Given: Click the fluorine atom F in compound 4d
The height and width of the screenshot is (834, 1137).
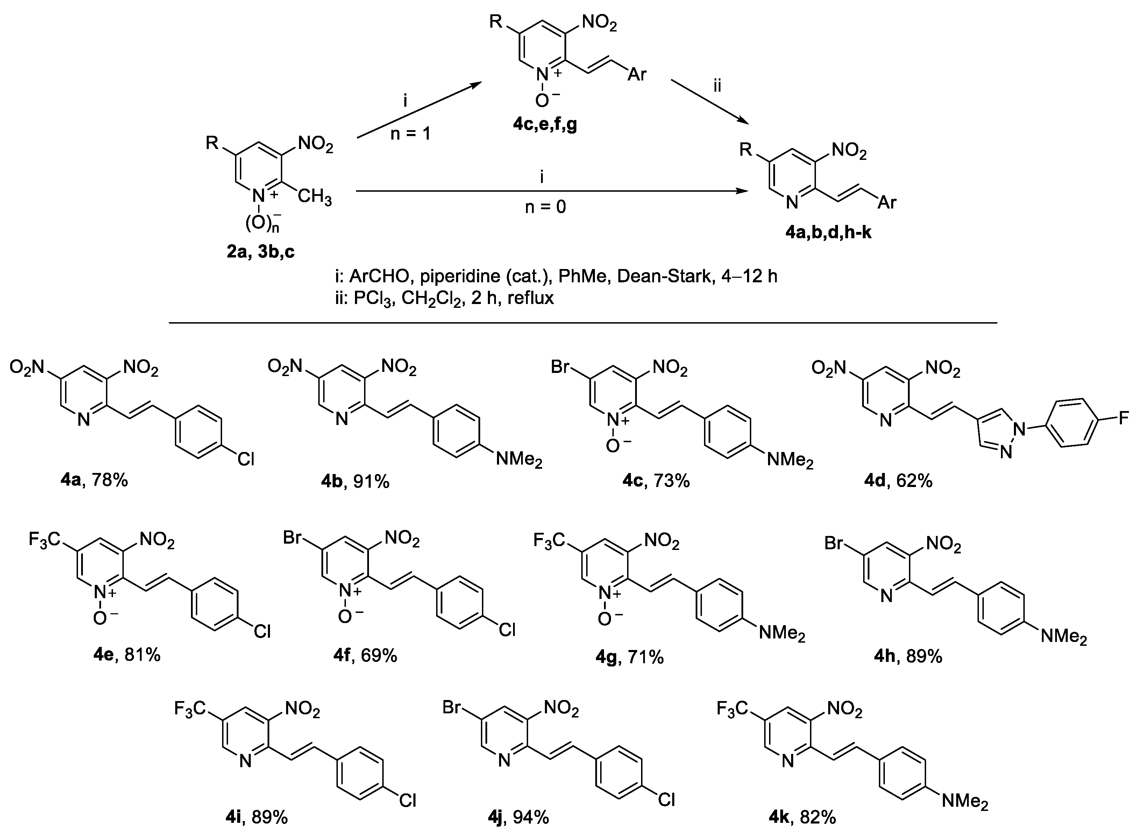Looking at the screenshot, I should coord(1123,418).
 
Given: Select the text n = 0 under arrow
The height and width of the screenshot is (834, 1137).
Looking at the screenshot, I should coord(546,206).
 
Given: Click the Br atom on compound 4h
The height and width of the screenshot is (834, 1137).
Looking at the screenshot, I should coord(834,543).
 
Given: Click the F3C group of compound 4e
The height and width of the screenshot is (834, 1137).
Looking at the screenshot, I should coord(44,540).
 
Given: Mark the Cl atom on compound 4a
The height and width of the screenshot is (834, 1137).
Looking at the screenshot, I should coord(246,459).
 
